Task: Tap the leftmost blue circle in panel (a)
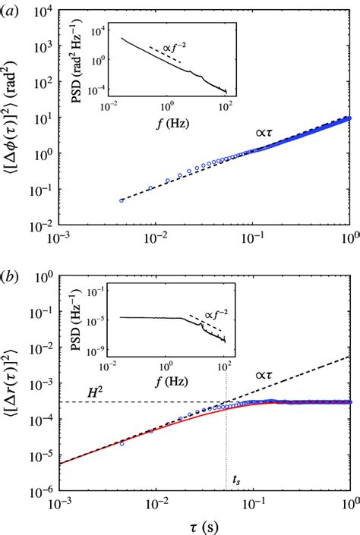[x=122, y=200]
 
